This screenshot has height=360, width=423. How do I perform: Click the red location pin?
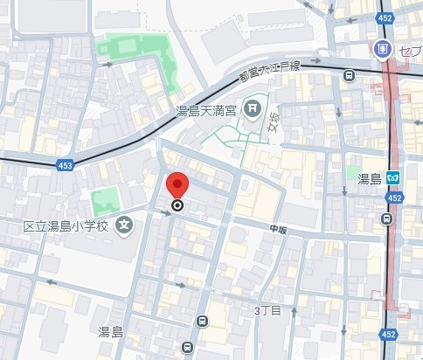coord(177,184)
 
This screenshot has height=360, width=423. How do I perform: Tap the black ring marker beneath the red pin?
coord(177,206)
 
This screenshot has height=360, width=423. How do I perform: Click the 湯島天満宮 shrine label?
coord(207,110)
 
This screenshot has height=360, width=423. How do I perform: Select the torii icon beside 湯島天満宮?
coord(252,108)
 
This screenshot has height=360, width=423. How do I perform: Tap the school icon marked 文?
coord(125,225)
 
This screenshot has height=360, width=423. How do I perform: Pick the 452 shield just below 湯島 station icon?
coord(394,198)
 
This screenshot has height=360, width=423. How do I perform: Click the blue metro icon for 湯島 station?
coord(395,178)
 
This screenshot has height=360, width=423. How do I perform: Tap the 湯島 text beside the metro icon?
coord(370,178)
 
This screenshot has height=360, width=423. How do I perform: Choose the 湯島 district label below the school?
coord(110,331)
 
